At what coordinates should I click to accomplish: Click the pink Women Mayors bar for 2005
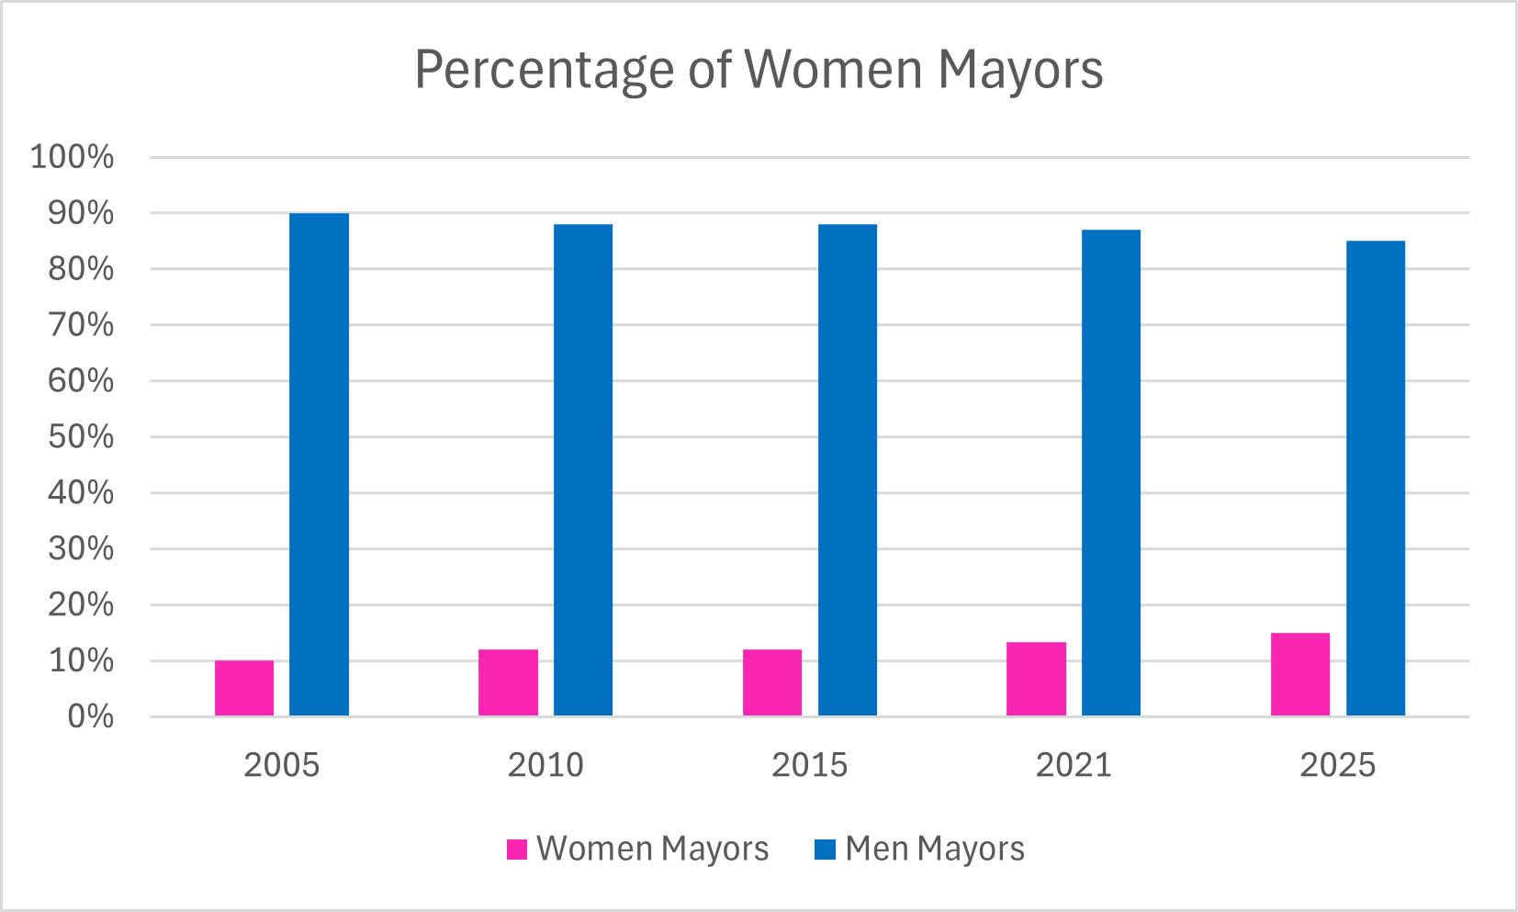[244, 688]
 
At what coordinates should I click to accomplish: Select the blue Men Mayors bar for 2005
[319, 465]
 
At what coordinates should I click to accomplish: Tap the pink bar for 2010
[508, 682]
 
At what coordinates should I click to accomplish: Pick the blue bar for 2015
[847, 470]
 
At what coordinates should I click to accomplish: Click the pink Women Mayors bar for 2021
[1036, 679]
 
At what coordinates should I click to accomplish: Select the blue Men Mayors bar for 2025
[1375, 479]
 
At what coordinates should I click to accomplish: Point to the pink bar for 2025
[1299, 674]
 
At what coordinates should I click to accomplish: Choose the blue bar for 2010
[582, 470]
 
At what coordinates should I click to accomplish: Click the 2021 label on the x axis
[1073, 765]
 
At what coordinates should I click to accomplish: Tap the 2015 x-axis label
[809, 765]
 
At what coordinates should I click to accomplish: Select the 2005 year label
[281, 765]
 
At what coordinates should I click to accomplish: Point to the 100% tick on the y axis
[73, 157]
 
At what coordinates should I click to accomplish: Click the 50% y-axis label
[81, 436]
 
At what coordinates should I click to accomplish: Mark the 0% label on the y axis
[90, 716]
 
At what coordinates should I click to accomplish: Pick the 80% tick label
[81, 269]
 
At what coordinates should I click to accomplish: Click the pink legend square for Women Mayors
[517, 850]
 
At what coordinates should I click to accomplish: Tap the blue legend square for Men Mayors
[825, 850]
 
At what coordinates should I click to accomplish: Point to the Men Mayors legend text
[934, 850]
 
